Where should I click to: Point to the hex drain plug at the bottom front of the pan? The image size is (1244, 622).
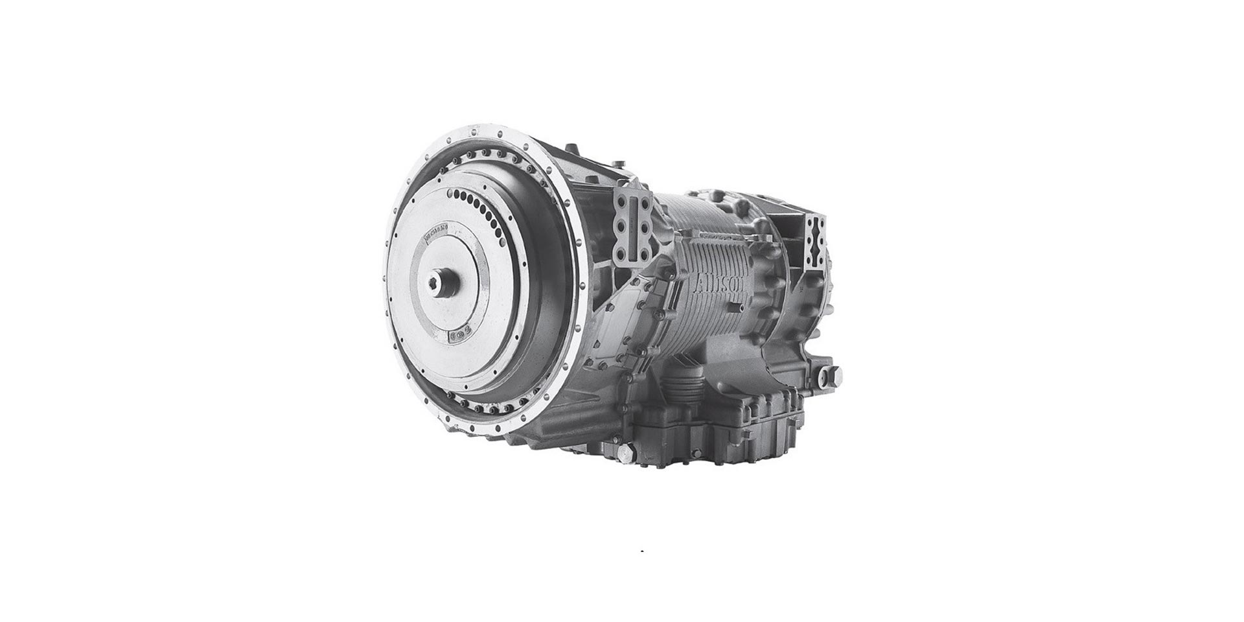pos(624,455)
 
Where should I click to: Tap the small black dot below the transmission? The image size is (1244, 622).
pos(641,551)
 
